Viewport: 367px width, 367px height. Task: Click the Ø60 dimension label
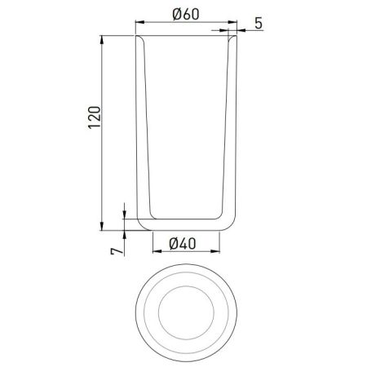coord(187,14)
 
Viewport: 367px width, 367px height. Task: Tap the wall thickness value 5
coord(259,23)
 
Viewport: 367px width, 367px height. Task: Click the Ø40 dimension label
coord(187,242)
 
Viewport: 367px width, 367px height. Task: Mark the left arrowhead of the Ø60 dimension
coord(138,24)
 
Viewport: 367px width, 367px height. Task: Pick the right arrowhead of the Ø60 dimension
coord(237,24)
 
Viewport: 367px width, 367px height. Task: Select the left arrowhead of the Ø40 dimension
coord(155,251)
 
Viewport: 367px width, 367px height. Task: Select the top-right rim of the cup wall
coord(237,37)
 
